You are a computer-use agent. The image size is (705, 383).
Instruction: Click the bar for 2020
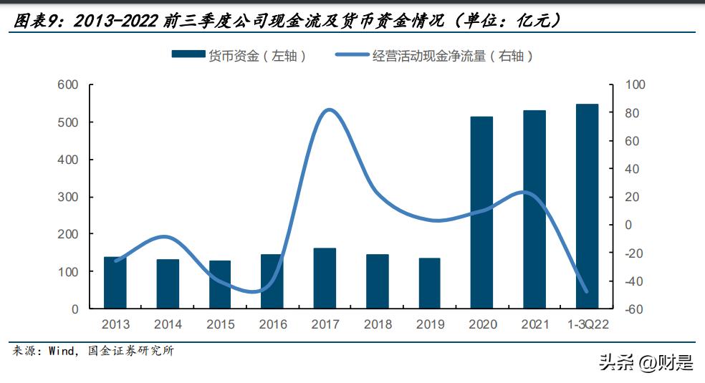coord(482,213)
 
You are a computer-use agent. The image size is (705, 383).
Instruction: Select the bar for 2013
coord(115,283)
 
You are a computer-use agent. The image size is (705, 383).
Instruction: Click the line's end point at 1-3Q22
coord(587,291)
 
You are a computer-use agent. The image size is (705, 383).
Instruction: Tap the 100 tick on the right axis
coord(635,85)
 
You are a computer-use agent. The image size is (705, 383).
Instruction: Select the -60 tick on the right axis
coord(635,309)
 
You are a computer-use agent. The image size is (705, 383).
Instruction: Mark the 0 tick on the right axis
coord(628,225)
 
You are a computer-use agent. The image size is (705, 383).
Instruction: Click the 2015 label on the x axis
coord(220,325)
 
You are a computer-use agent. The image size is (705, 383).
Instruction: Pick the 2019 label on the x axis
coord(430,325)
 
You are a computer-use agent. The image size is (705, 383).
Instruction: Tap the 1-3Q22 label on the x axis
coord(587,325)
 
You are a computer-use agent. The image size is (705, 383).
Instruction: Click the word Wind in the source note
coord(61,352)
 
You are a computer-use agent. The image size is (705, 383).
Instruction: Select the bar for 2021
coord(534,210)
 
